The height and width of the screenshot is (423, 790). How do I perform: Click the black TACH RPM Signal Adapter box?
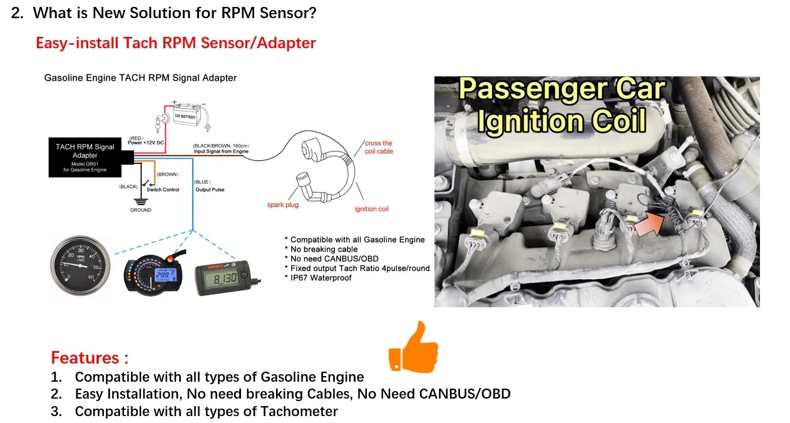(x=85, y=157)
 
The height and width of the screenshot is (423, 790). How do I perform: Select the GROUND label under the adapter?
(x=141, y=210)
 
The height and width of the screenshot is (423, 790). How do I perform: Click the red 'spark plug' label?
(x=283, y=205)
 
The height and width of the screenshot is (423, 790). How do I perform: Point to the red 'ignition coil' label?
(x=371, y=209)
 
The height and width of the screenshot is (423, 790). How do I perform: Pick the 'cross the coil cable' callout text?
(x=379, y=147)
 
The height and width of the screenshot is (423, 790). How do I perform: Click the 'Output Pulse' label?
(x=210, y=190)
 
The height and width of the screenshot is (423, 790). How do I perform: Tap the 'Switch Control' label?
(x=163, y=190)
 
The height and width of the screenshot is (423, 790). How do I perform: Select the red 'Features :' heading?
(x=90, y=358)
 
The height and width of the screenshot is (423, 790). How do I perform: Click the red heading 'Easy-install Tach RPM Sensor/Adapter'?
(x=175, y=43)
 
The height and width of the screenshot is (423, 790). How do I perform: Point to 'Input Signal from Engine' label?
(x=221, y=151)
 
